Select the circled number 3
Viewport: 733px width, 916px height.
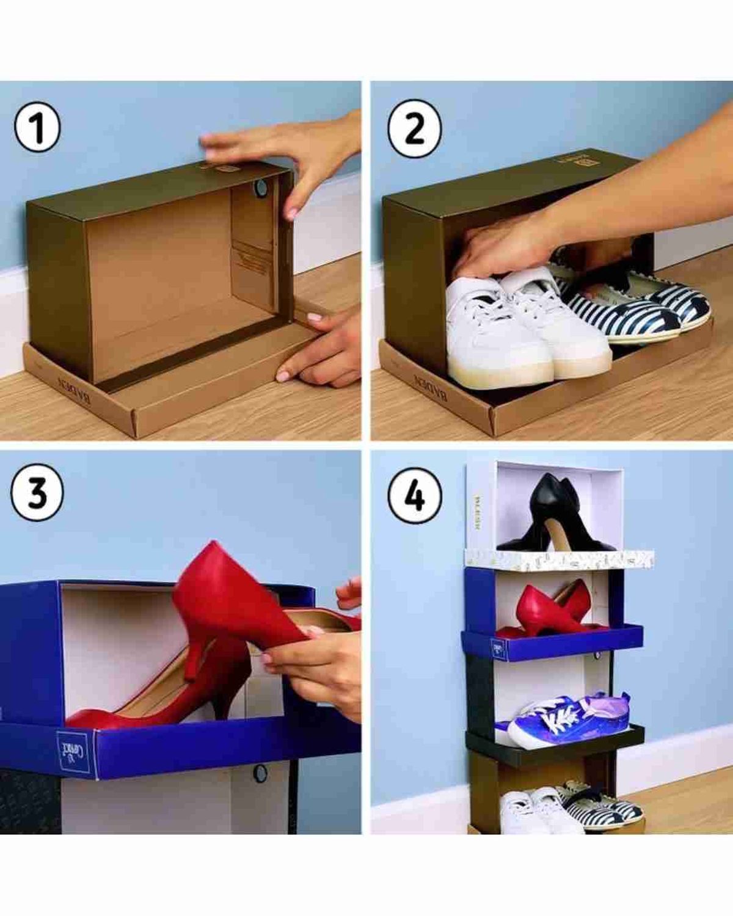coord(37,492)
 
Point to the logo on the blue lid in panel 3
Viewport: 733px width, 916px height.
coord(75,751)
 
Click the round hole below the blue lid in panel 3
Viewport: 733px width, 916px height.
coord(260,773)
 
